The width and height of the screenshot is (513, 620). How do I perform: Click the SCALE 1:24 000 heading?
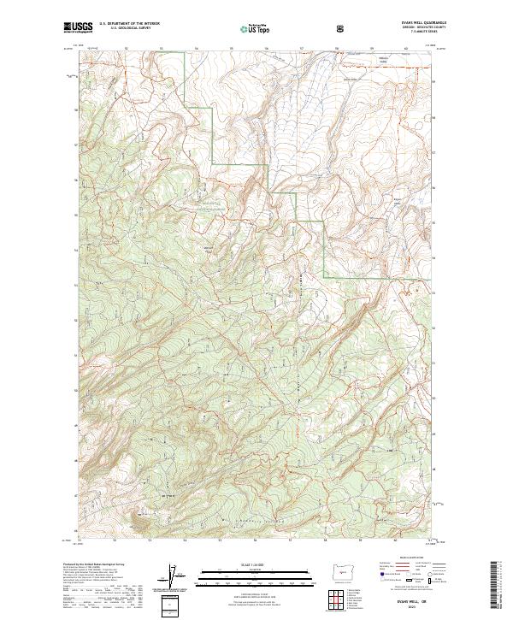click(256, 564)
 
